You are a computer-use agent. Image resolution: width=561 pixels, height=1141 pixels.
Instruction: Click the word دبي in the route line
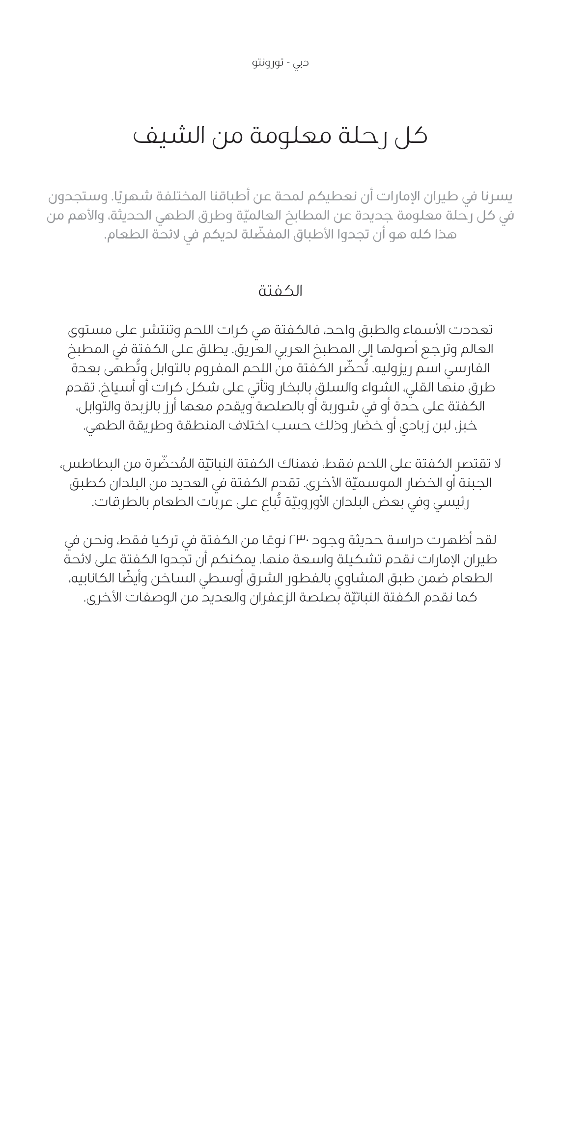(x=301, y=63)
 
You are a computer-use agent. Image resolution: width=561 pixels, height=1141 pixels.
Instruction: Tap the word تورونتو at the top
(x=267, y=63)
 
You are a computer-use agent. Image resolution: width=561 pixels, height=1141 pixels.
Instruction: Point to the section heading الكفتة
(x=280, y=291)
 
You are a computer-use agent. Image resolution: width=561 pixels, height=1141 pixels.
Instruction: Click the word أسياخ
(x=115, y=388)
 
